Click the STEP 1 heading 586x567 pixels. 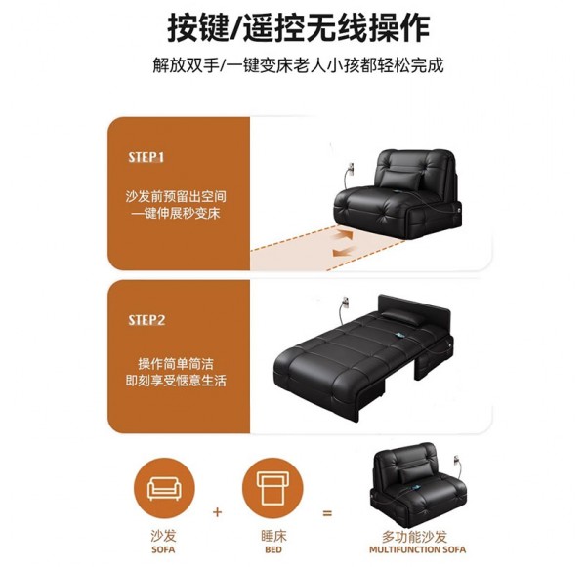click(146, 157)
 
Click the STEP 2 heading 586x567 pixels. click(146, 320)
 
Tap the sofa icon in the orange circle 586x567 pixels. click(164, 488)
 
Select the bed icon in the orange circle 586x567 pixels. click(272, 489)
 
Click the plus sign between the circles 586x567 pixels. click(217, 512)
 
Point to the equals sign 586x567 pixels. click(327, 513)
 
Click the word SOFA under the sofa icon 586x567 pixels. click(163, 549)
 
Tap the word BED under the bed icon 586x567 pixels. click(273, 549)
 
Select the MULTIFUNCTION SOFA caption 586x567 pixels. click(417, 549)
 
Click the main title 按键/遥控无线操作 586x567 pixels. click(299, 27)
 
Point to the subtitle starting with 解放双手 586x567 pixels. click(298, 65)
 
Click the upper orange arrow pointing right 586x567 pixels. click(344, 235)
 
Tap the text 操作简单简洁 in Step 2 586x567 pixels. click(176, 364)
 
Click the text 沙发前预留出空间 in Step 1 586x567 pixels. click(176, 196)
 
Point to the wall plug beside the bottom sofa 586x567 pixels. click(456, 461)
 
